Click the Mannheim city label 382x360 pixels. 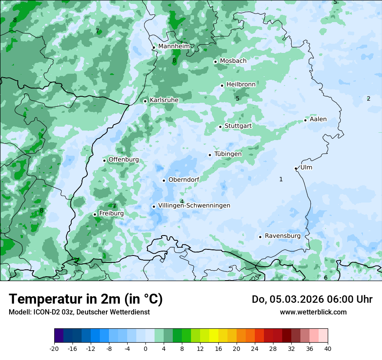point(174,46)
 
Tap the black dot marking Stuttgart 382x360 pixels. point(221,127)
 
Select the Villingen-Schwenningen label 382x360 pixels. point(194,206)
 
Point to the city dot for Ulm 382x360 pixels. point(296,168)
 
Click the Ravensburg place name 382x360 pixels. point(283,236)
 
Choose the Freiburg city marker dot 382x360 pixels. point(95,214)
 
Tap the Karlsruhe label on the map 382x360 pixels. point(164,100)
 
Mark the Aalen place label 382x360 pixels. point(318,119)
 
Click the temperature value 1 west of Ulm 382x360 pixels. point(281,179)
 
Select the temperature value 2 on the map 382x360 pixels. point(369,98)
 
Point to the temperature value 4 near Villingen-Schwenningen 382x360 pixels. point(182,201)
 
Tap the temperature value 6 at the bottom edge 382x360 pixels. point(326,278)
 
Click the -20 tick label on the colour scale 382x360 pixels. point(54,349)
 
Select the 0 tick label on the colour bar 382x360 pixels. point(145,349)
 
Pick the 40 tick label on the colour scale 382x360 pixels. point(327,349)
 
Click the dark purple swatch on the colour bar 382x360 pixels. point(59,336)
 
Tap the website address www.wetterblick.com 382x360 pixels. point(313,312)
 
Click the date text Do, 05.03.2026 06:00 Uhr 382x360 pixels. point(312,299)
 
